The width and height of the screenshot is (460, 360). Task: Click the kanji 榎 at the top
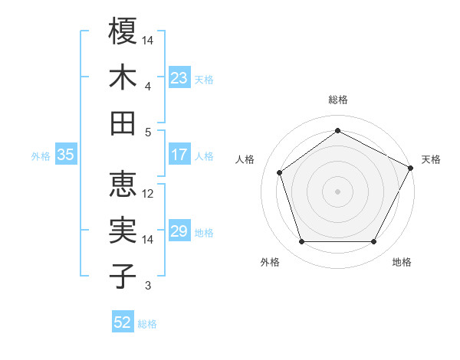pos(123,31)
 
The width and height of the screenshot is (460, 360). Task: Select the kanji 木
pos(123,78)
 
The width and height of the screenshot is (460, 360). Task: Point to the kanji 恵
pos(123,185)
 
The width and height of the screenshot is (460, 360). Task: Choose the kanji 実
pos(123,231)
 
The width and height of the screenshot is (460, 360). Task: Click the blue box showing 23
pos(179,77)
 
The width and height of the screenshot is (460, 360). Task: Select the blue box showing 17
pos(179,155)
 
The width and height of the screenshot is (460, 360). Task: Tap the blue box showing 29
pos(179,232)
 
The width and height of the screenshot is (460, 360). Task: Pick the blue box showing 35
pos(66,155)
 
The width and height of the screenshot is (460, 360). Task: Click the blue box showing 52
pos(123,322)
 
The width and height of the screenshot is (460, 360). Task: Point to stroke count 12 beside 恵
pos(149,194)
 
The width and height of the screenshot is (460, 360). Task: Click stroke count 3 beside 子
pos(148,286)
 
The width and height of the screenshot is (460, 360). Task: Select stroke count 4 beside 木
pos(148,87)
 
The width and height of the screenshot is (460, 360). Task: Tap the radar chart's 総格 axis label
pos(338,100)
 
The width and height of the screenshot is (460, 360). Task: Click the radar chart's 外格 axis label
pos(270,263)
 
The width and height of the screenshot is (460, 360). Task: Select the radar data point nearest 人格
pos(280,172)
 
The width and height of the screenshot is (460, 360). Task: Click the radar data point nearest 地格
pos(373,242)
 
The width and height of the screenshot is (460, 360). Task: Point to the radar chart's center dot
pos(338,191)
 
